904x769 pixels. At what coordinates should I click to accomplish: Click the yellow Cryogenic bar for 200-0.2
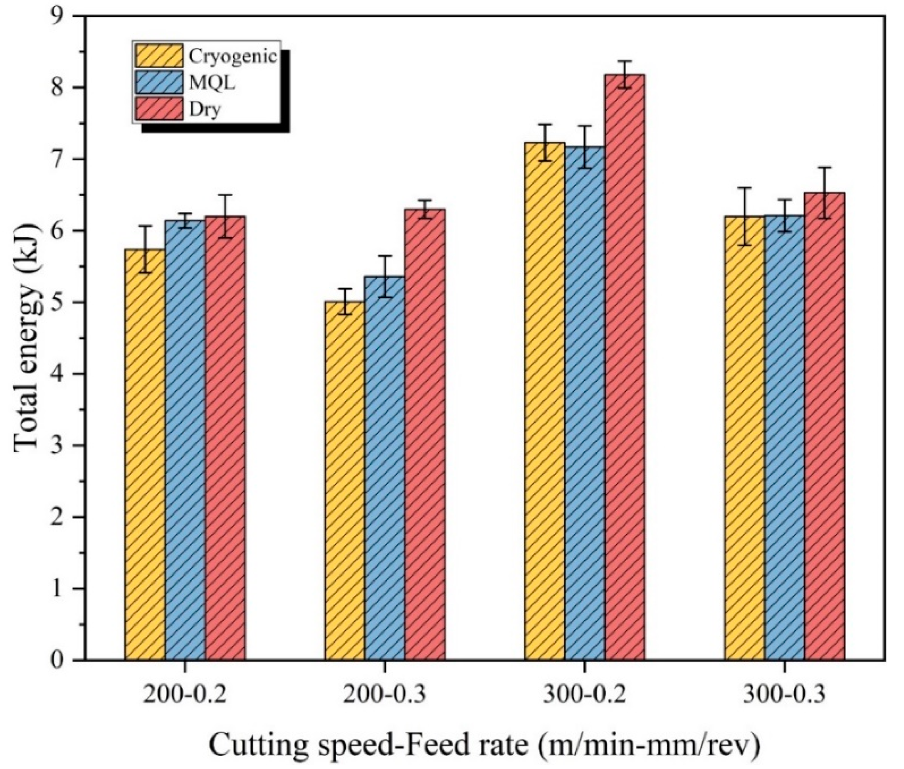click(145, 454)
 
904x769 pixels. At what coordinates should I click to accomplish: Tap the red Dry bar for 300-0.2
click(624, 367)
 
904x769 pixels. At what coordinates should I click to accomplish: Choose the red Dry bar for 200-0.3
click(425, 434)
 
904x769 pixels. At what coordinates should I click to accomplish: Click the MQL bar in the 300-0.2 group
click(584, 403)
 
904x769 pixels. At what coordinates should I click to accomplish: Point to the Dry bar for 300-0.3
click(824, 426)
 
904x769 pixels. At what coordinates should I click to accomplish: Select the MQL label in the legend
click(212, 83)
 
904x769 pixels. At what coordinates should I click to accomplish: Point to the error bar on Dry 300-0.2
click(624, 74)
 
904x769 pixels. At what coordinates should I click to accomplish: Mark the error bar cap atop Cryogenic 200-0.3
click(345, 288)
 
